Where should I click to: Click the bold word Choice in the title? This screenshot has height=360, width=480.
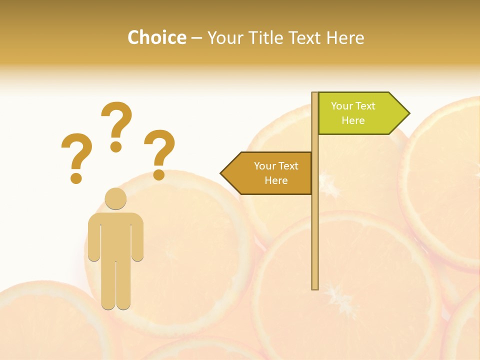point(156,37)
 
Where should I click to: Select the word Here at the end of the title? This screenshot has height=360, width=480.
point(345,37)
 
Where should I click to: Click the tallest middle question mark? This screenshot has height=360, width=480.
point(116,125)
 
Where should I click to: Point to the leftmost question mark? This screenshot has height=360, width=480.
point(76,157)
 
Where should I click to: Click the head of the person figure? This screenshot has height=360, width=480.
point(115,198)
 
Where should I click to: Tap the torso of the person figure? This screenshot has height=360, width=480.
point(115,235)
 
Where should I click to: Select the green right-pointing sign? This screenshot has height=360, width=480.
point(357,113)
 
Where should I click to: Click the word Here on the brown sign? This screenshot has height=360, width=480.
point(276,180)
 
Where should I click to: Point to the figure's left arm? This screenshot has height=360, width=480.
point(94,237)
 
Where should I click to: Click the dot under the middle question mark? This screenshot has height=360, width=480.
point(116,146)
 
